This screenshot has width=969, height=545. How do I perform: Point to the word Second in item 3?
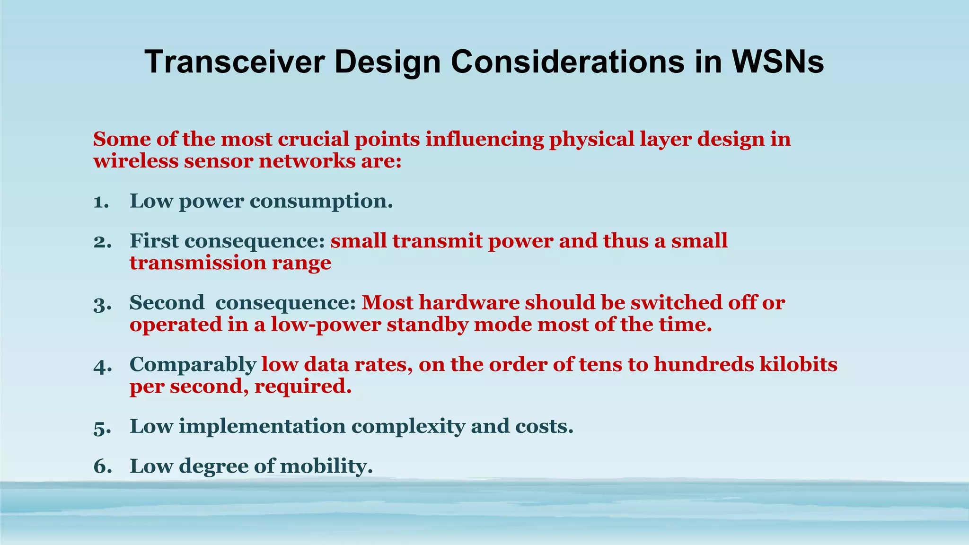click(167, 303)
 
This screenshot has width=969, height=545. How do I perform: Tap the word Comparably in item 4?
click(193, 365)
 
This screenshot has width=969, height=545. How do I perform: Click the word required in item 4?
click(303, 387)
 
